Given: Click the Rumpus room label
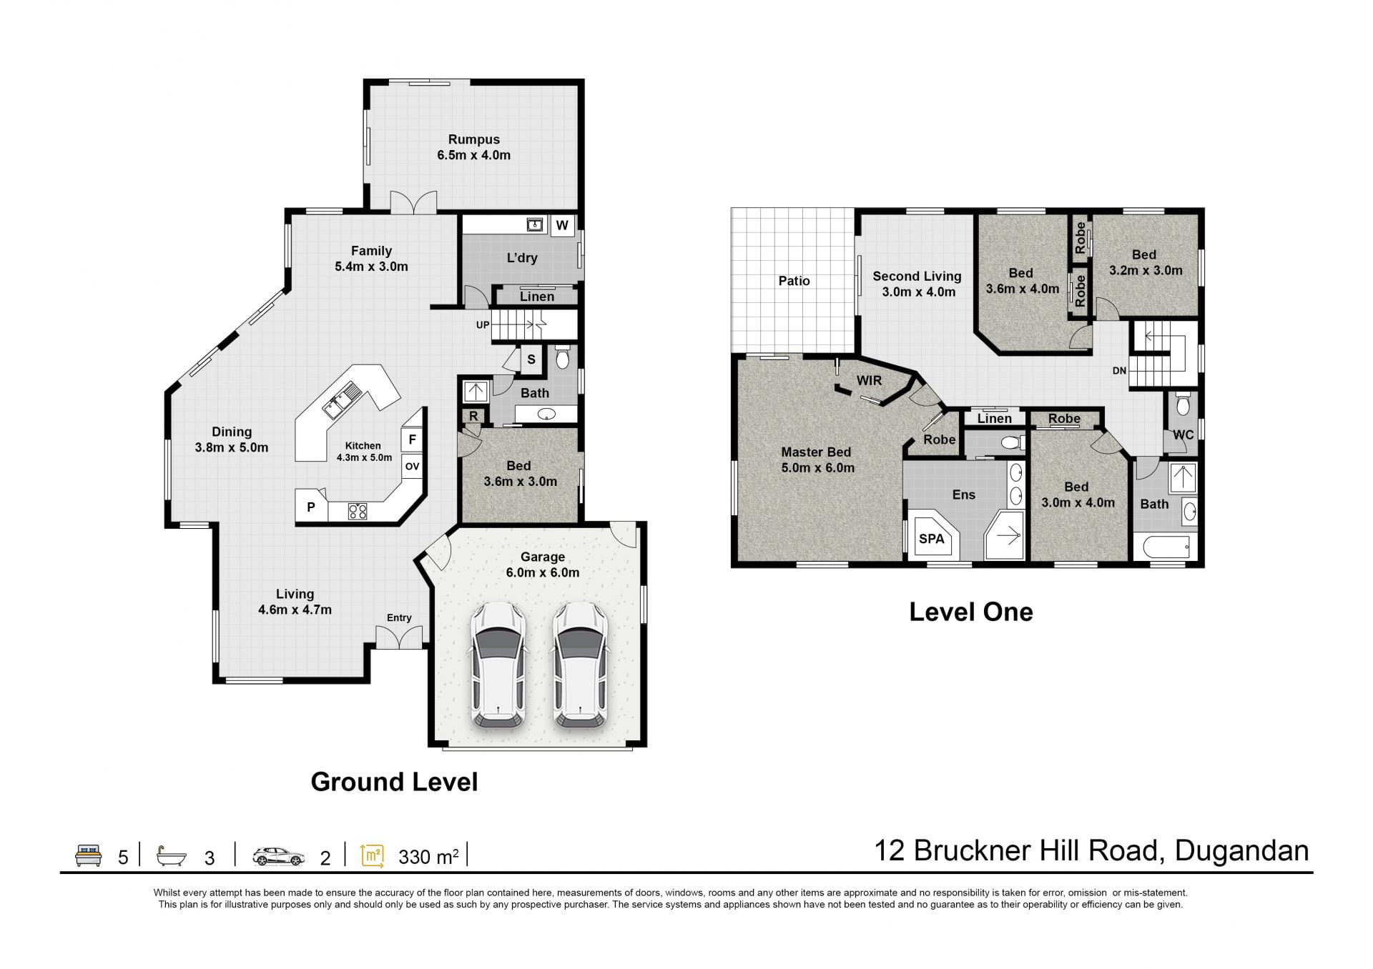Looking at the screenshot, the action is click(x=473, y=139).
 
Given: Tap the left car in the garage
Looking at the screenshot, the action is click(x=498, y=665).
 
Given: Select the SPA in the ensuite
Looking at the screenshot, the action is click(x=932, y=537).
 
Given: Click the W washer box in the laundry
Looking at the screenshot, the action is click(x=562, y=225).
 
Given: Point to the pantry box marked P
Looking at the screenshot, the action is click(x=311, y=507).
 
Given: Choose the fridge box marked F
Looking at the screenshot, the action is click(x=413, y=439).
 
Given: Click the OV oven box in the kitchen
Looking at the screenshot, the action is click(x=412, y=467).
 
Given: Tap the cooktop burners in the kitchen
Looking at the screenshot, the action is click(x=358, y=511).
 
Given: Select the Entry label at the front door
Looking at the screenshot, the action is click(x=399, y=617).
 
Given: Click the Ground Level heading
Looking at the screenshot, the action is click(x=394, y=782).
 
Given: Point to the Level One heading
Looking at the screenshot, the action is click(x=971, y=612).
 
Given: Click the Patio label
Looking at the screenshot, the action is click(x=794, y=281).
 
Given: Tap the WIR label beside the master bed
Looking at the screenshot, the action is click(x=869, y=381).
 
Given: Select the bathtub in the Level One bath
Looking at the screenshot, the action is click(x=1166, y=548).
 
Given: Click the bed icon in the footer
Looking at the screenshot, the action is click(x=89, y=855).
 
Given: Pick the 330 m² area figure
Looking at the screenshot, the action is click(x=428, y=856).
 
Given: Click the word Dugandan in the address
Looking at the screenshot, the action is click(x=1242, y=851).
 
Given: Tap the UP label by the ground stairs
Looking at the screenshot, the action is click(x=483, y=325).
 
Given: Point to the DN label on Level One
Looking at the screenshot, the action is click(x=1119, y=371).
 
